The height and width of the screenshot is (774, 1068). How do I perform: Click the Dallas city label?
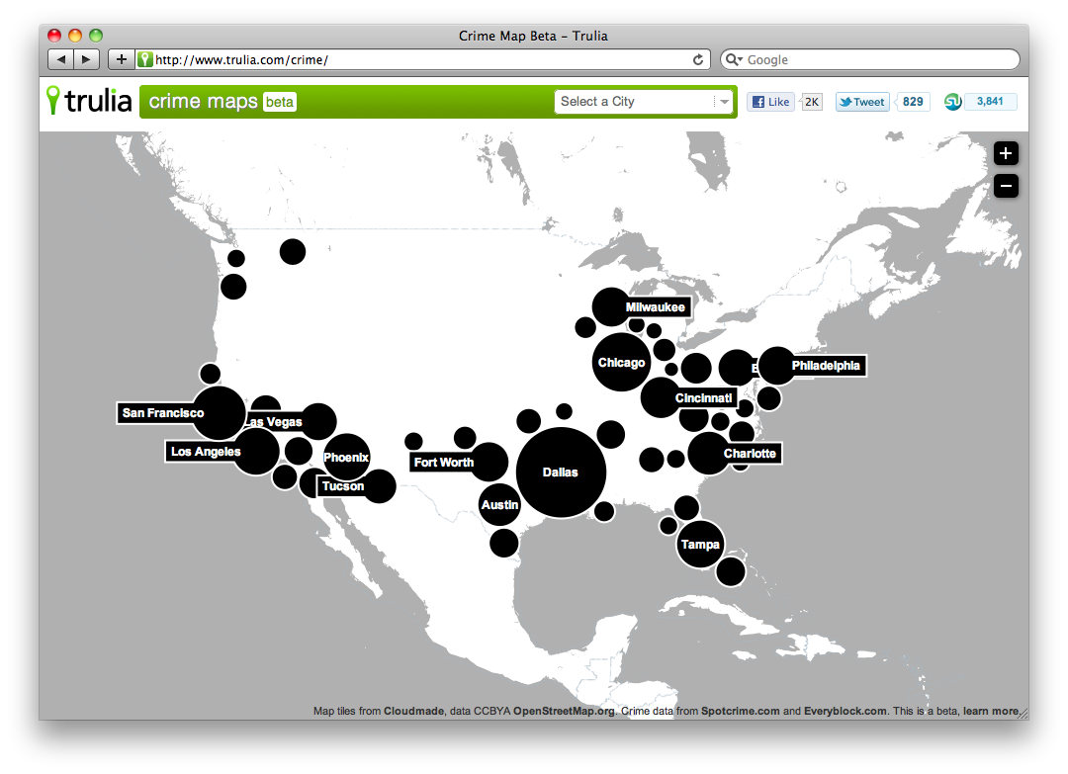[560, 473]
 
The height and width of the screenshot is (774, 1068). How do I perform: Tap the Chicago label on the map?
[621, 363]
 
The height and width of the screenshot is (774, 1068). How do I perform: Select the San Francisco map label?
[163, 413]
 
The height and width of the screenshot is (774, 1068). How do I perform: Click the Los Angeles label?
[206, 452]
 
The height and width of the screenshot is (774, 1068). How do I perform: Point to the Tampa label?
[700, 545]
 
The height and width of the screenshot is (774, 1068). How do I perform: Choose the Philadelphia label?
[826, 366]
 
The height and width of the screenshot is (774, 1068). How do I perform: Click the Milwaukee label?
[655, 307]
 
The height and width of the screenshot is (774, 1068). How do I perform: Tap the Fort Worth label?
[444, 463]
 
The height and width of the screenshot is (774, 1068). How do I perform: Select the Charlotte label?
[751, 454]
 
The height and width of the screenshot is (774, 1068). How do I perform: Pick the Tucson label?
[343, 486]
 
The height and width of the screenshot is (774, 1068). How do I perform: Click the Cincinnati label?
[704, 398]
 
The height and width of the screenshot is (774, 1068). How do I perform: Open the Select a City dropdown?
[644, 102]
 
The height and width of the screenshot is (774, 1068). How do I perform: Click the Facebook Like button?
[770, 102]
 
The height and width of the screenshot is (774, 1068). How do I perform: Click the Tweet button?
[861, 102]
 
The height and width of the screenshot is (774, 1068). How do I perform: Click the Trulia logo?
[89, 101]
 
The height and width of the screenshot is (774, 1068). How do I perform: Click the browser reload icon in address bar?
[698, 59]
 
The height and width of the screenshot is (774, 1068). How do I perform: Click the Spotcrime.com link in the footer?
[740, 711]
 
